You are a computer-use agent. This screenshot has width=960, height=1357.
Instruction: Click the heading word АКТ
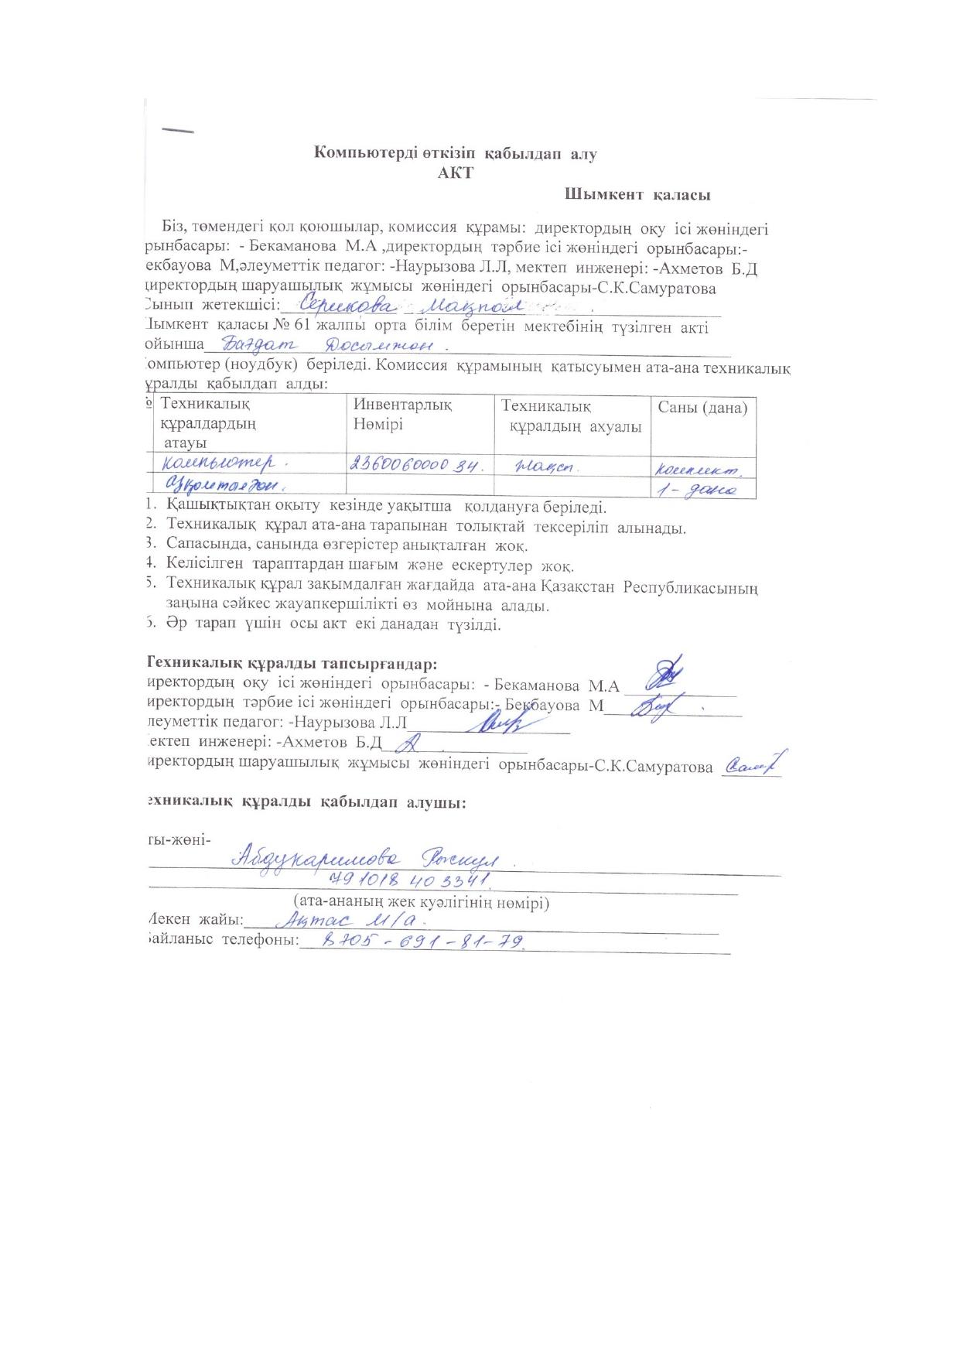[455, 173]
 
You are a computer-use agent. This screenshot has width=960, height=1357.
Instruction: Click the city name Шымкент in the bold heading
[603, 195]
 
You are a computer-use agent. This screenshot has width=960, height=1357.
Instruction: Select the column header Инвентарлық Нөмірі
[402, 414]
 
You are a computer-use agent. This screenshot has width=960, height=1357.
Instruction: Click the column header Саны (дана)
[702, 407]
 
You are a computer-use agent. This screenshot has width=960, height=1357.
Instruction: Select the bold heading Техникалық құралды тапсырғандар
[292, 664]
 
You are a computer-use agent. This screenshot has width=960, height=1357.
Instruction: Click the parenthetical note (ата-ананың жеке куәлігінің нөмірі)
[421, 901]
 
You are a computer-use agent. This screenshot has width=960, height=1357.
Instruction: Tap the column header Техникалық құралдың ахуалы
[572, 415]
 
